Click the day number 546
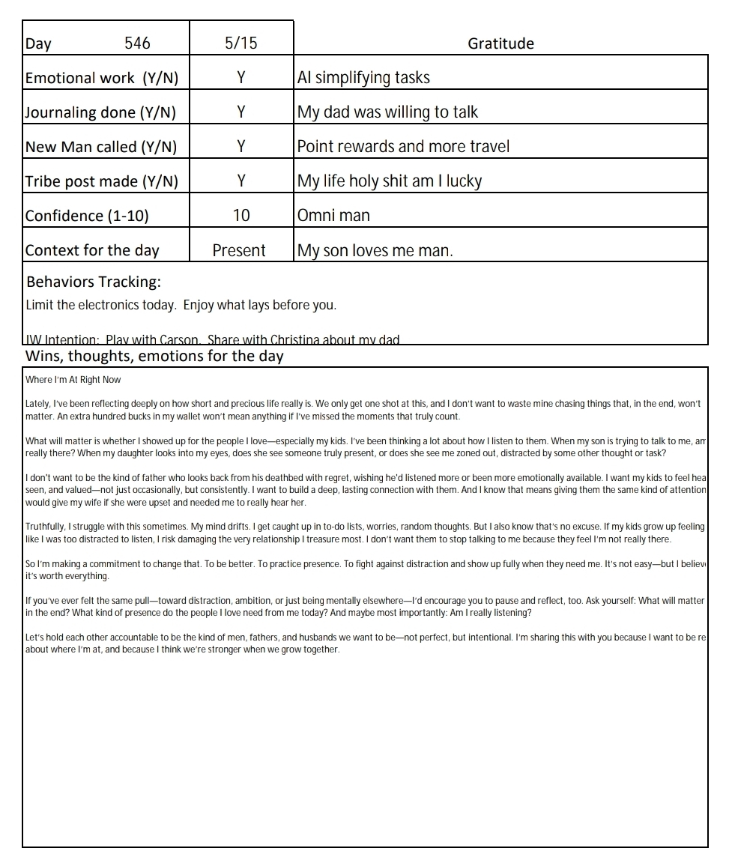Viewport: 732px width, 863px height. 137,43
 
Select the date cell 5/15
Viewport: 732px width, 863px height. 241,43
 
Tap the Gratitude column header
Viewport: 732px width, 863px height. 500,43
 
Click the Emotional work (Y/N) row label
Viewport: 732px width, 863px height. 102,78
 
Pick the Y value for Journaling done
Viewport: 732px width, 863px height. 241,112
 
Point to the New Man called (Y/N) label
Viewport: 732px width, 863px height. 101,147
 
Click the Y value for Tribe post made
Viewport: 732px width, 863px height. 241,181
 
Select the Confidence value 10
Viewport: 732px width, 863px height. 241,216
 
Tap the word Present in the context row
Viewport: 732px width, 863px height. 239,250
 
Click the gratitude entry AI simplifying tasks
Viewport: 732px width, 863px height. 363,78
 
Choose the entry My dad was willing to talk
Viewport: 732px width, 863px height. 387,112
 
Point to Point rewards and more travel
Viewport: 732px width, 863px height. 403,147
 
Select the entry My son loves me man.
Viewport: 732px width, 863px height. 375,250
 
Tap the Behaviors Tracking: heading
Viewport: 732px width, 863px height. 94,282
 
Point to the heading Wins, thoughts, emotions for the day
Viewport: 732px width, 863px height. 154,356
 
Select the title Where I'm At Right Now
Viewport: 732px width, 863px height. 73,380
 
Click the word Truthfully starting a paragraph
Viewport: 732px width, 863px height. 45,527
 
